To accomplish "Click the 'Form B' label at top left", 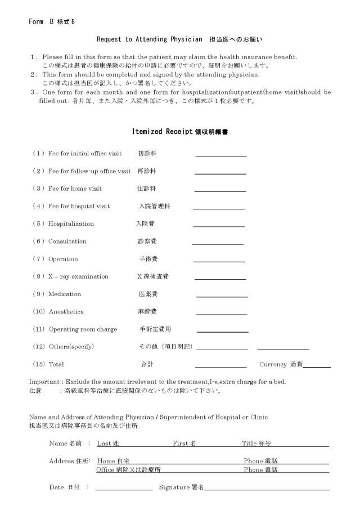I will click(39, 21).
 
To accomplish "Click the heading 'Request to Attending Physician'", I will click(149, 39).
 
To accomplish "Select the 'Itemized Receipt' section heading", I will click(163, 131).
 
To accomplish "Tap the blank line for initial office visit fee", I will click(220, 155).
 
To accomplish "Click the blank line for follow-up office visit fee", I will click(220, 173).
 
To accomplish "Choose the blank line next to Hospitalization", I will click(219, 226).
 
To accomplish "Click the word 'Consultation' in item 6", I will click(67, 241).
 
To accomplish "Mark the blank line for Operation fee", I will click(219, 261).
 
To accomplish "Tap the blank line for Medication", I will click(222, 296).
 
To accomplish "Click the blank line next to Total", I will click(220, 366).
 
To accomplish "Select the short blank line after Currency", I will click(317, 366).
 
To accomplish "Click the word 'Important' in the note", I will click(42, 382).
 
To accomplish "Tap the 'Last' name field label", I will click(103, 444).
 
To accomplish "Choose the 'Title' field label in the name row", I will click(250, 444).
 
